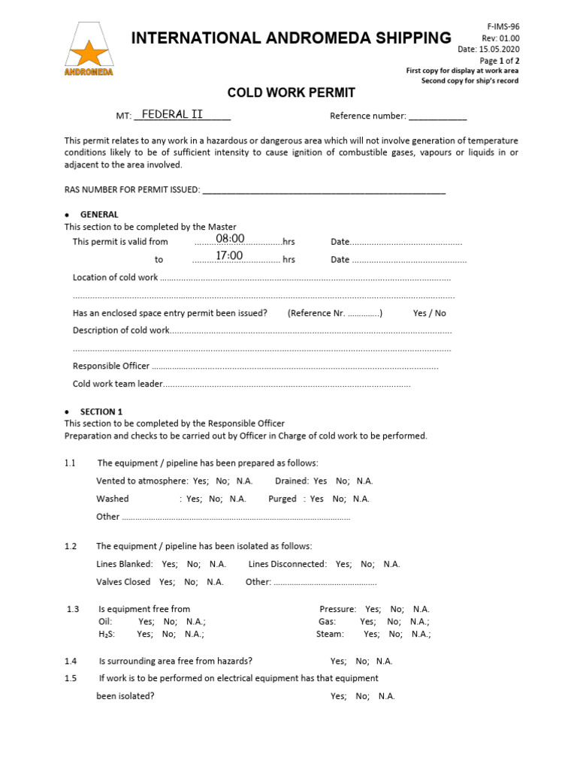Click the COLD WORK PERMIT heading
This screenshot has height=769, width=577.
coord(292,93)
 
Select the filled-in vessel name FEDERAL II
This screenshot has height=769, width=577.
coord(173,114)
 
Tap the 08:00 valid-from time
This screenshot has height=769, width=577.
coord(231,239)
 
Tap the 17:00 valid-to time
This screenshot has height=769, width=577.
coord(229,256)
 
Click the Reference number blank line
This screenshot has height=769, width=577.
coord(437,116)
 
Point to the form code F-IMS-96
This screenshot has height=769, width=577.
coord(503,26)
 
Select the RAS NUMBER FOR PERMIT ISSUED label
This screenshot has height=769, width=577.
coord(132,190)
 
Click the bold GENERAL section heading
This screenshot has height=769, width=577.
coord(99,215)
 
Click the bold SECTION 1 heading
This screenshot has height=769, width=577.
coord(101,412)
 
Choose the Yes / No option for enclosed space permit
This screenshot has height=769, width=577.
coord(429,313)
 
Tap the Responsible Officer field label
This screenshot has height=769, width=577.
coord(111,366)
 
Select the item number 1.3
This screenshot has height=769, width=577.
coord(73,609)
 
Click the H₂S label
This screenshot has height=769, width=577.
coord(107,634)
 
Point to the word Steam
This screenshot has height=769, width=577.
coord(330,634)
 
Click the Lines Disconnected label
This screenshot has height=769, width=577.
coord(288,564)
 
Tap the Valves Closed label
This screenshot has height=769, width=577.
coord(123,582)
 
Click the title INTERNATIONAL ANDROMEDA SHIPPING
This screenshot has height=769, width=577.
coord(292,38)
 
